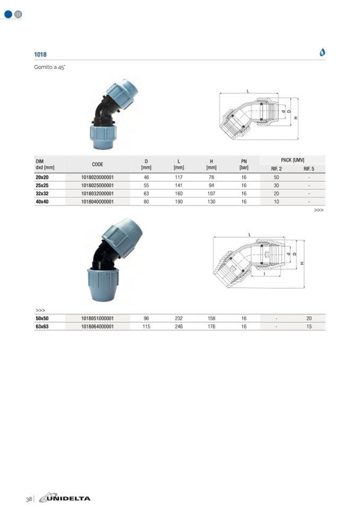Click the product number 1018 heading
[40, 55]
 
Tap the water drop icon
[322, 52]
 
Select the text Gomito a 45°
[50, 67]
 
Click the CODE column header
[97, 164]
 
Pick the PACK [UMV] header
[293, 160]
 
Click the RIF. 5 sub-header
[308, 169]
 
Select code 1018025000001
[97, 185]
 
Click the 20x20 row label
[42, 177]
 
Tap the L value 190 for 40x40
[179, 202]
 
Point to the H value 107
[211, 194]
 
